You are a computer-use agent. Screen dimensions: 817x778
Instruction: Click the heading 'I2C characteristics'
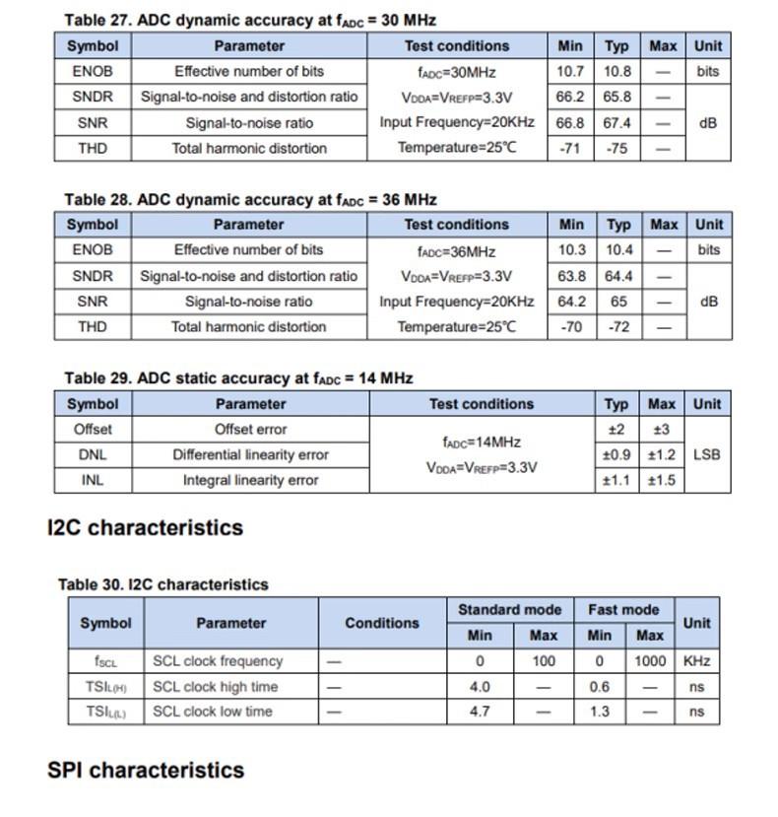[x=145, y=527]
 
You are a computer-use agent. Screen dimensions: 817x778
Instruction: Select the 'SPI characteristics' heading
[x=145, y=770]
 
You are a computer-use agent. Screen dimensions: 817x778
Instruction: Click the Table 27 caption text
[x=250, y=20]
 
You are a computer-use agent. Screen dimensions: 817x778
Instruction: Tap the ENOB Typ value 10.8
[x=617, y=71]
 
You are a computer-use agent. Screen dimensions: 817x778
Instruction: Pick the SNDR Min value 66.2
[x=570, y=97]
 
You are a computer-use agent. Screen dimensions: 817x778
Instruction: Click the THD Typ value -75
[x=617, y=148]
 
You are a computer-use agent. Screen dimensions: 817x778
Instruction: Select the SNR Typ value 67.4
[x=617, y=122]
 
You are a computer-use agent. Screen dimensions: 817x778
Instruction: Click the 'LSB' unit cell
[x=706, y=454]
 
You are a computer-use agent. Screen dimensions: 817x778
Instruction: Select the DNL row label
[x=92, y=454]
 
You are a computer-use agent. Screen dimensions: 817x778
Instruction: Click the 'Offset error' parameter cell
[x=250, y=429]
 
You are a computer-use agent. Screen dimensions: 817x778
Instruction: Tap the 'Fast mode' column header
[x=623, y=609]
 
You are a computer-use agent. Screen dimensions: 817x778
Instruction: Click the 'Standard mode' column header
[x=509, y=609]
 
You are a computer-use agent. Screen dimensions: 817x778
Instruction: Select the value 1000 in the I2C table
[x=650, y=661]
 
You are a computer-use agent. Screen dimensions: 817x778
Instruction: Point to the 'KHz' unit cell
[x=696, y=661]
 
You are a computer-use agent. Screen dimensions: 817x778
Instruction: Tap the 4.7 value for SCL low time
[x=480, y=712]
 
